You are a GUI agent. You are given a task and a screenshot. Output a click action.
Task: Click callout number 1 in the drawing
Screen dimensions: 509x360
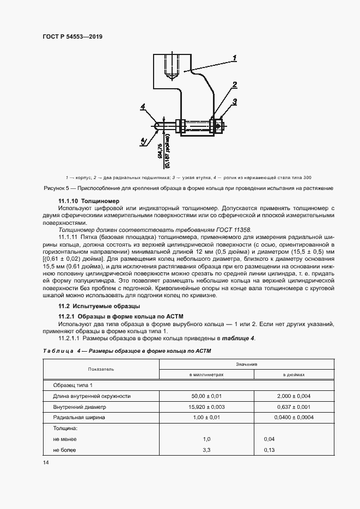click(x=234, y=57)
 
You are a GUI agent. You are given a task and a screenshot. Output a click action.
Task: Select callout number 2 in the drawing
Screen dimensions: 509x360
click(x=234, y=85)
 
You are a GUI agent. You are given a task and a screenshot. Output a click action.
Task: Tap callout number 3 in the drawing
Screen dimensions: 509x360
click(x=234, y=101)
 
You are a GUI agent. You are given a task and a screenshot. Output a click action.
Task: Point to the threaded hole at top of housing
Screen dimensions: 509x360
click(x=173, y=65)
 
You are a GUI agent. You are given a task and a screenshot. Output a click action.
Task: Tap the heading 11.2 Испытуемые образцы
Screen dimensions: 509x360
click(x=84, y=306)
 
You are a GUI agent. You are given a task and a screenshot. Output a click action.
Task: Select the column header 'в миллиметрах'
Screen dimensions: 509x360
click(x=206, y=375)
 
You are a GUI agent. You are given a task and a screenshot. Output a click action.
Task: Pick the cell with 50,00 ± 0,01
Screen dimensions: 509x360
click(x=206, y=396)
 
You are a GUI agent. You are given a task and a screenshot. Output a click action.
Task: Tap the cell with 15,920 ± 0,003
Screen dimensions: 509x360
click(x=206, y=407)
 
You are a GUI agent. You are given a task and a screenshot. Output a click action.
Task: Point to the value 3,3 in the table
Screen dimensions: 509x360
click(x=206, y=450)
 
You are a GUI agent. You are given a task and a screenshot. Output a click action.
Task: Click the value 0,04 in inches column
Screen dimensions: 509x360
click(x=269, y=439)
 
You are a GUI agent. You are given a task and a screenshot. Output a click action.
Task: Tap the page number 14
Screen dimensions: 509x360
click(x=46, y=463)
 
